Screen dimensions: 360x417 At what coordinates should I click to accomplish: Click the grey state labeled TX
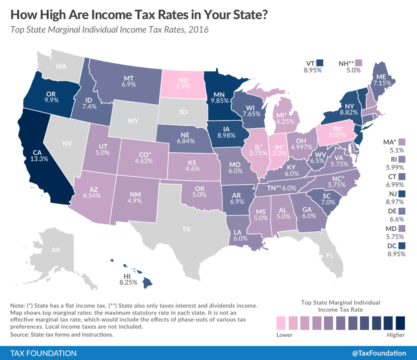click(x=186, y=229)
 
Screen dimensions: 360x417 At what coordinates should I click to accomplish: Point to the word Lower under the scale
click(x=284, y=335)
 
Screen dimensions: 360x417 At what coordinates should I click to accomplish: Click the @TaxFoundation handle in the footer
click(x=379, y=353)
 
